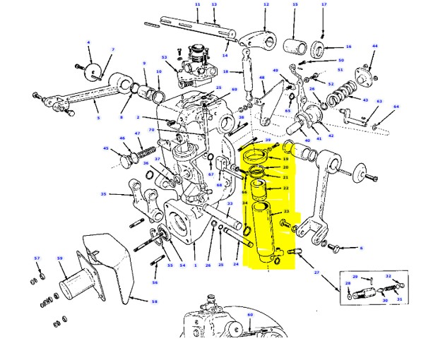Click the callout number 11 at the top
[197, 4]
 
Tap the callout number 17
[324, 4]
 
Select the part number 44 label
[375, 47]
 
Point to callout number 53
[164, 57]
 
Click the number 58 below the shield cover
[155, 301]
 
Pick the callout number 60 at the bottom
[249, 314]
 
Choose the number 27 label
[317, 272]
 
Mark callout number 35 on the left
[103, 194]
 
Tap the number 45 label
[105, 149]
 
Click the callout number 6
[361, 248]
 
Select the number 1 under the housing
[194, 265]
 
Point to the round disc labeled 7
[92, 73]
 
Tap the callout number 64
[396, 107]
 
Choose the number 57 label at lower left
[37, 258]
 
